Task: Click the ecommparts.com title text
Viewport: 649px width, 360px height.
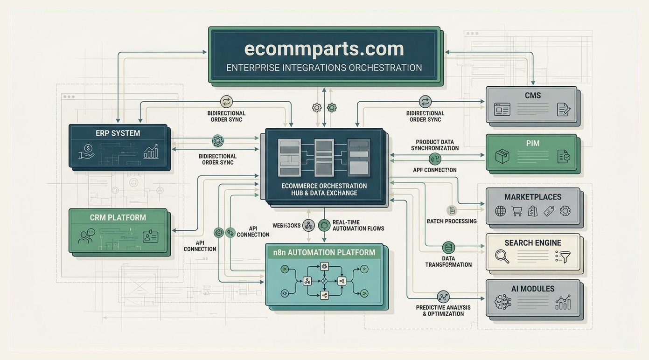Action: point(324,49)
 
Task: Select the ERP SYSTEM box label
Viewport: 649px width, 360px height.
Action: point(118,133)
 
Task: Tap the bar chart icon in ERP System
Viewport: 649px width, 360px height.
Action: point(151,151)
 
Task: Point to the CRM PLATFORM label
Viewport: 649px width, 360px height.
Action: point(118,218)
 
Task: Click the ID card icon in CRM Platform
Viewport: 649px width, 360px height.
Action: point(150,236)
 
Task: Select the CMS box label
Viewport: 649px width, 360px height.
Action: point(532,96)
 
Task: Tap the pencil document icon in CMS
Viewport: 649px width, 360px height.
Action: point(564,110)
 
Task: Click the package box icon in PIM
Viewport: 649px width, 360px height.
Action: point(502,157)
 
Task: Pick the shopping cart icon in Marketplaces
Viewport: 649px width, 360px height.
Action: point(516,211)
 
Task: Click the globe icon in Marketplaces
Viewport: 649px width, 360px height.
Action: point(500,211)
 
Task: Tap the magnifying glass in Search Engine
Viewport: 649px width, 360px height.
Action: point(502,256)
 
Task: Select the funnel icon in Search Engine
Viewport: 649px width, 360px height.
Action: point(563,256)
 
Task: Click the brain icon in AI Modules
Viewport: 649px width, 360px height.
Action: point(503,302)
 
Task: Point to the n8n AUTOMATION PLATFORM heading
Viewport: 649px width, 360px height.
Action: point(324,253)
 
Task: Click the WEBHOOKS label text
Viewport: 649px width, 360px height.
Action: point(286,226)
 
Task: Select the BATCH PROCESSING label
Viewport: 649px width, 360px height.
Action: point(452,221)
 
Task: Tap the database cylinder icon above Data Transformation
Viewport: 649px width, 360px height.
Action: point(448,248)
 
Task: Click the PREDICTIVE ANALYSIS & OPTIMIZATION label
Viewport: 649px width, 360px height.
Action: point(443,311)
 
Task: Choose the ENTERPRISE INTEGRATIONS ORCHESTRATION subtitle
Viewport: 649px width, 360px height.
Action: point(324,68)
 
